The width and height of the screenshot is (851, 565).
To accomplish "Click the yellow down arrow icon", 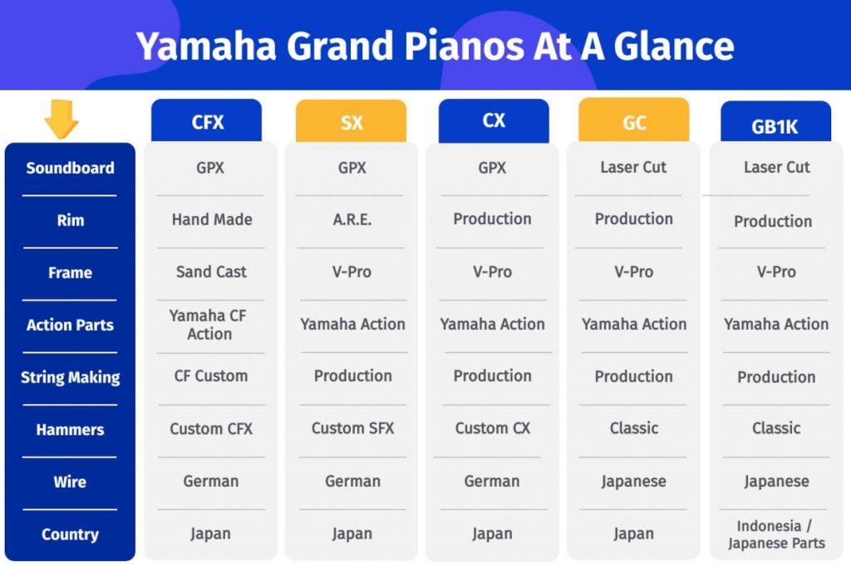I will click(x=61, y=119).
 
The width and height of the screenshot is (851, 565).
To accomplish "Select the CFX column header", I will click(x=207, y=122).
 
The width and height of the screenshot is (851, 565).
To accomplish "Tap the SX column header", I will click(x=351, y=122).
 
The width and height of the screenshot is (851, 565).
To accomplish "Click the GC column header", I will click(x=633, y=122).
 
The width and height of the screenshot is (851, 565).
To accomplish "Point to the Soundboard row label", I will click(x=70, y=168).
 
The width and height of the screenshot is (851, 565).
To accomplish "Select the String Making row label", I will click(x=70, y=377).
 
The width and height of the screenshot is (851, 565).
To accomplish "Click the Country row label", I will click(x=70, y=534).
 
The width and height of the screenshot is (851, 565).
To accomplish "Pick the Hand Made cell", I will click(x=212, y=219).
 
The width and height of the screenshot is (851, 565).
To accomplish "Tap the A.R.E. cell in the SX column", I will click(x=352, y=219).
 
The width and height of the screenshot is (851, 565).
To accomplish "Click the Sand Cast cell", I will click(x=211, y=272).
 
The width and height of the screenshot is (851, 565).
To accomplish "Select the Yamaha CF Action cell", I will click(x=209, y=325).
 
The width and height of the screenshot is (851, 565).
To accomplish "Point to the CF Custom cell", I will click(x=211, y=376).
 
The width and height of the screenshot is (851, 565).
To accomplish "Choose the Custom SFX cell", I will click(x=352, y=429).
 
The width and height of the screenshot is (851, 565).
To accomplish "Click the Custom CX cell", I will click(x=492, y=429).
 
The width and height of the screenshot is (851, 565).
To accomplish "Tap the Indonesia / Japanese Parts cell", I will click(x=776, y=534).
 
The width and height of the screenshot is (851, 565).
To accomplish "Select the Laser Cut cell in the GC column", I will click(x=633, y=167).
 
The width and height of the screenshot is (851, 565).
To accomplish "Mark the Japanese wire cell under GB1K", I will click(x=776, y=482).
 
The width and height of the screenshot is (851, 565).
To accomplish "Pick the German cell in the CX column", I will click(x=492, y=481).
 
